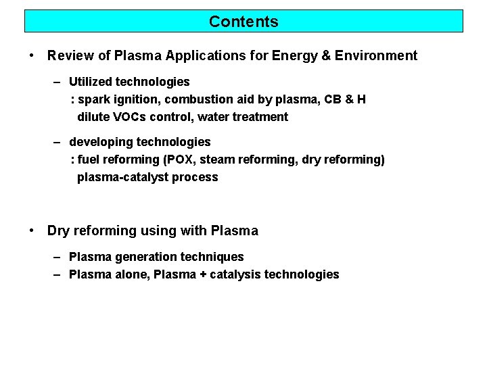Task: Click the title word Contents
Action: coord(243,22)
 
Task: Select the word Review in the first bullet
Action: coord(68,56)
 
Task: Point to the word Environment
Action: coord(380,56)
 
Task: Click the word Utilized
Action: coord(91,82)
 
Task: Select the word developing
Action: coord(101,142)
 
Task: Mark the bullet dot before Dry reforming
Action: coord(32,230)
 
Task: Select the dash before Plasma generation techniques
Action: coord(58,257)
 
